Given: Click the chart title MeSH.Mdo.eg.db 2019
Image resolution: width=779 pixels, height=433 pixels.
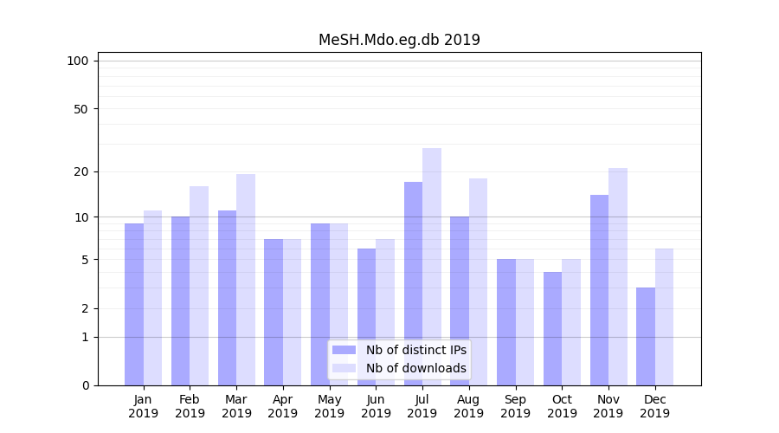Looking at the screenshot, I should [399, 40].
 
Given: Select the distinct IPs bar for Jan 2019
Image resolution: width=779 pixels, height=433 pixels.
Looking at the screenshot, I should [134, 304].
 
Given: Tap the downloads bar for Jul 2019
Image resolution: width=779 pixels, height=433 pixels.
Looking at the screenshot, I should [432, 267].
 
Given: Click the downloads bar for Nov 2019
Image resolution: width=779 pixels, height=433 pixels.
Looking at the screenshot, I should [618, 276].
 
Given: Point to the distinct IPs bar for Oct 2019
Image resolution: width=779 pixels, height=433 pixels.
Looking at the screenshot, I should [552, 328].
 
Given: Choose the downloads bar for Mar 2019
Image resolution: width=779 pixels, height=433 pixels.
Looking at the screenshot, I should [246, 280].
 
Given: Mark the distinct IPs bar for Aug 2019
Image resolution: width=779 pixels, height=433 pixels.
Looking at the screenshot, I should [460, 301].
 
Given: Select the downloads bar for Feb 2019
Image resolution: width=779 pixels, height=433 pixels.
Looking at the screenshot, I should [199, 286].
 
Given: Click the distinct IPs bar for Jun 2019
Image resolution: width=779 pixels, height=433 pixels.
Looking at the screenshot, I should [366, 317].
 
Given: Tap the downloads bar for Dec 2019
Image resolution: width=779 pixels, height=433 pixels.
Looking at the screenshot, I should [665, 317].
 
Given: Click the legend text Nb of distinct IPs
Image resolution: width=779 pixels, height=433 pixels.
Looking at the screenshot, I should [416, 350].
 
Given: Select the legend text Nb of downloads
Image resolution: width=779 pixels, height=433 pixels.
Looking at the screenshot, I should [416, 368].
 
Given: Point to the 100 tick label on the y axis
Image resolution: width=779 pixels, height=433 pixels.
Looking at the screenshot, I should [78, 61].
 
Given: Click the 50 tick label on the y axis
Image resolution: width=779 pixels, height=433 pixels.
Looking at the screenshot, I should [81, 109].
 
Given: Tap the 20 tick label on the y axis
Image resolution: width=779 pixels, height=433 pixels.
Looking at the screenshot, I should [81, 171].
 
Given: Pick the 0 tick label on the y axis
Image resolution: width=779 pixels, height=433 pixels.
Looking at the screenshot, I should [85, 385].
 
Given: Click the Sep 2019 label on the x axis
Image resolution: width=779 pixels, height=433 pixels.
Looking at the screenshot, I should [515, 406].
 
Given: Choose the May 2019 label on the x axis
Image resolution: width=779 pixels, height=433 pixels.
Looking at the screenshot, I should [329, 406].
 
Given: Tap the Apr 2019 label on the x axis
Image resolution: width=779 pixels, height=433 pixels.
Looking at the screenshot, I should [283, 406].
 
